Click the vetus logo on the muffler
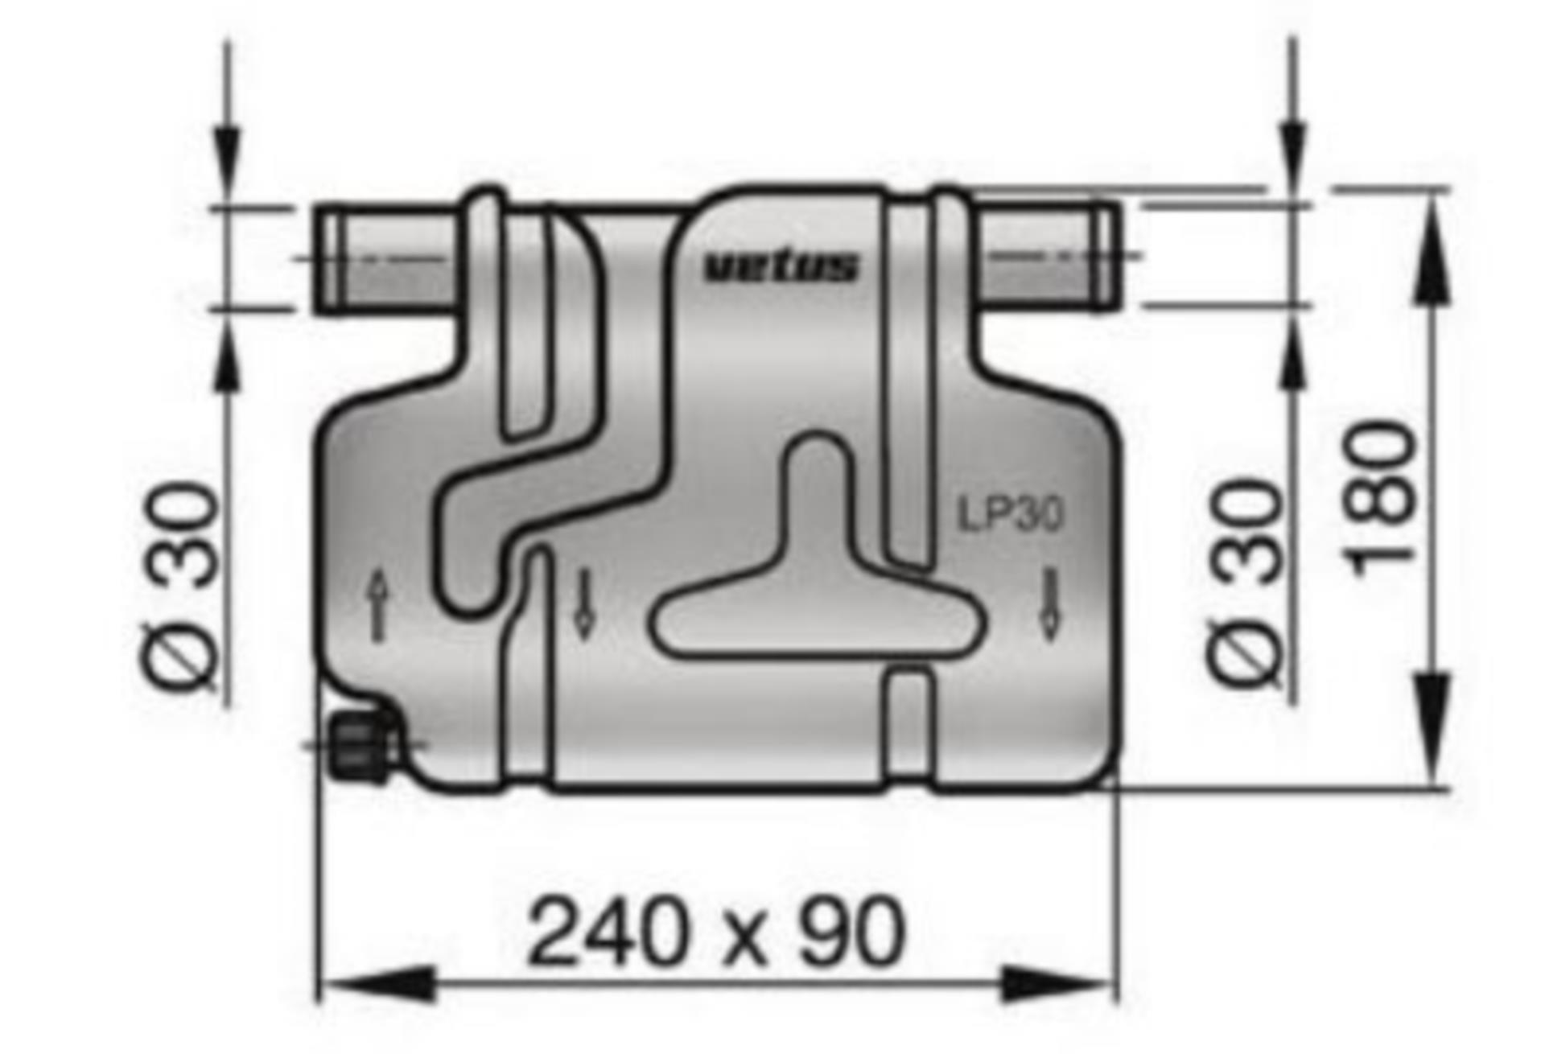781,267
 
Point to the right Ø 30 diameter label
1244,583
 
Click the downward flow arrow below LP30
1049,603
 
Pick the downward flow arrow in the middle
584,603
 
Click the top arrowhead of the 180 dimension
1432,249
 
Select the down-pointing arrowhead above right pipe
1293,149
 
